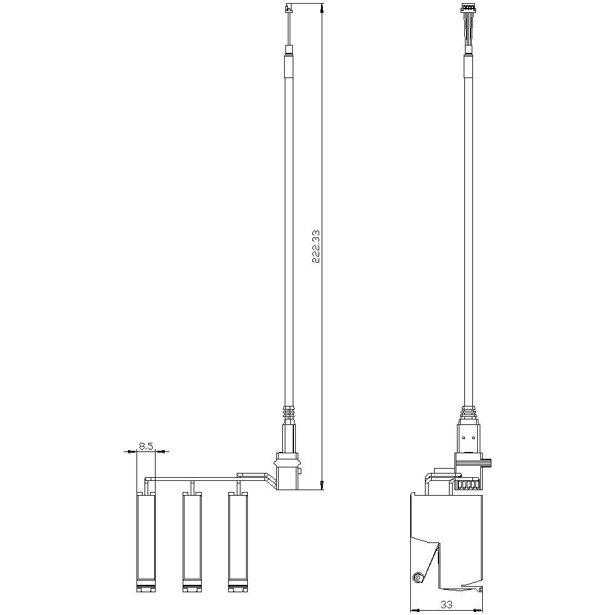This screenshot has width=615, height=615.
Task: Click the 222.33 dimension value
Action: (x=315, y=246)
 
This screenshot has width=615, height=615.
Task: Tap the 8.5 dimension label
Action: (x=146, y=446)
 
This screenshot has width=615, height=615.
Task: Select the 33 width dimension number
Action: (x=446, y=605)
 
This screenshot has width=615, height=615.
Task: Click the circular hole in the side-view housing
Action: (x=418, y=577)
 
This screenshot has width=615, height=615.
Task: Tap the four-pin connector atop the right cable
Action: (x=468, y=8)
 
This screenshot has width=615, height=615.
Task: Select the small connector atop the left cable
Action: (x=288, y=9)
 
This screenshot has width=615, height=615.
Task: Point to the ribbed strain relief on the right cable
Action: (x=469, y=411)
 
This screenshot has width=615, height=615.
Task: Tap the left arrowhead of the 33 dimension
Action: (x=414, y=610)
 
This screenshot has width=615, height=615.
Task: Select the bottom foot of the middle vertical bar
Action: (x=192, y=589)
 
